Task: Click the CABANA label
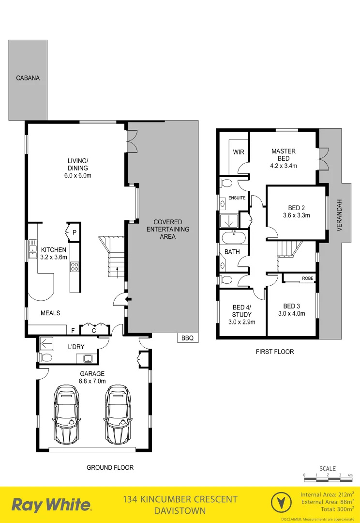28,78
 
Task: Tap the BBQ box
187,338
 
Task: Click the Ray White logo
51,505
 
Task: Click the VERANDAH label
340,215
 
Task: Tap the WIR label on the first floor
239,152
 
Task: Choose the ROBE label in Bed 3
307,278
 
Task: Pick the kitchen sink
32,250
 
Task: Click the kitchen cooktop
75,266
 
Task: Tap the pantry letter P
75,232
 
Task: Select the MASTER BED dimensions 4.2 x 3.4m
284,166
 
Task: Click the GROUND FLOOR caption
110,467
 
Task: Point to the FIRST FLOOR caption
275,352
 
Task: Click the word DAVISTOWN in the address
180,510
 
